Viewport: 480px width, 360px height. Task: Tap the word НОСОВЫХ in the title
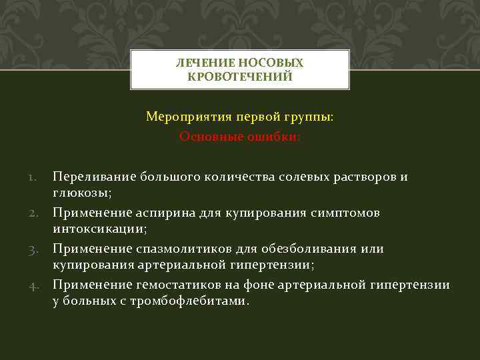(x=273, y=63)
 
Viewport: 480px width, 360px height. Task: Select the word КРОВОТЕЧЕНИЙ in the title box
(x=240, y=77)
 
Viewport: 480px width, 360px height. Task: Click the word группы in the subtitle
(x=309, y=117)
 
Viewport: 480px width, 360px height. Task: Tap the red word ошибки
(x=275, y=136)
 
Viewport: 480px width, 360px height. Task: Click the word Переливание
(x=94, y=177)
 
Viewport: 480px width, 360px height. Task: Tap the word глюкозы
(x=81, y=193)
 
